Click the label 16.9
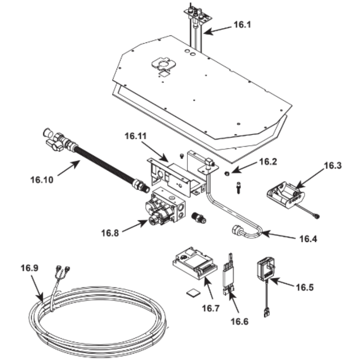coord(30,268)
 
